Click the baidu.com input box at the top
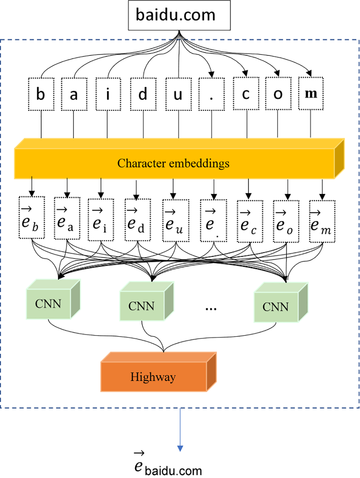point(179,15)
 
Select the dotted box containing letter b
point(41,94)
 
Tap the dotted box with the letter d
point(143,94)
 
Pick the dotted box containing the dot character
point(211,94)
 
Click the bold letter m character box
point(311,94)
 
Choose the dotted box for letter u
point(178,94)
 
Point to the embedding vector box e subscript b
point(31,218)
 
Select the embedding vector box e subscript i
point(100,220)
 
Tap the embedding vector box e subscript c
point(250,221)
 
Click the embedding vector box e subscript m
point(322,221)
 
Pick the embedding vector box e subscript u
point(176,221)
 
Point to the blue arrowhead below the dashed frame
point(180,448)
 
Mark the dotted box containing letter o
point(278,94)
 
